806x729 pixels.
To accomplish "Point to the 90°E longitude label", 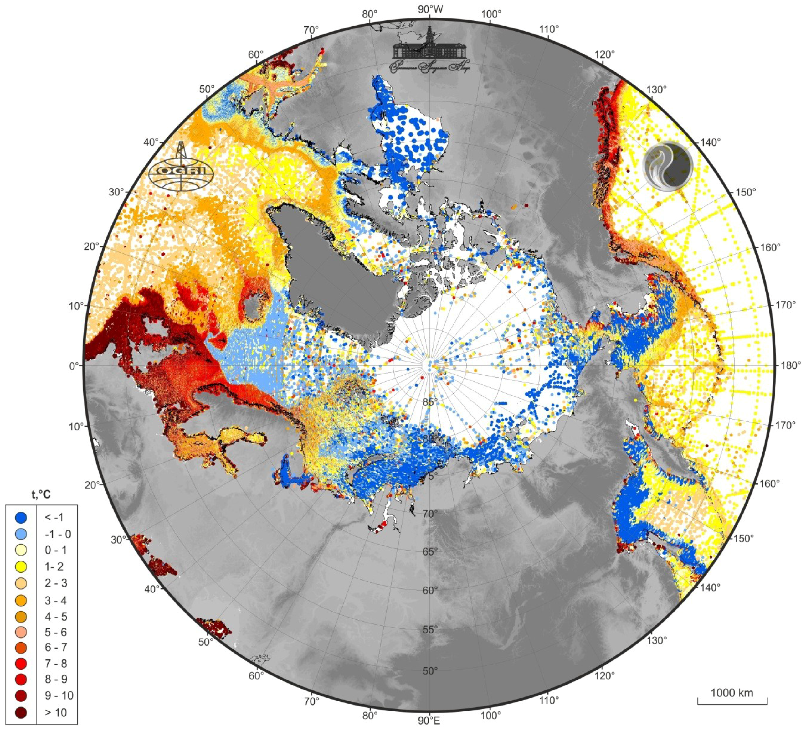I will (x=429, y=721).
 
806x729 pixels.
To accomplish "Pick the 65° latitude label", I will (x=430, y=551).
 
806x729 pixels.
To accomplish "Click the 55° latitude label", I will (x=430, y=629).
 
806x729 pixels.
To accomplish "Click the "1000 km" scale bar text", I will (x=732, y=692).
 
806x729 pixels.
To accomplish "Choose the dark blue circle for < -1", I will (x=21, y=517).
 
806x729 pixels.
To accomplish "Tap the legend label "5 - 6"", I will (x=56, y=632).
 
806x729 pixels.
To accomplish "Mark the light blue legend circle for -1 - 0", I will (x=21, y=534).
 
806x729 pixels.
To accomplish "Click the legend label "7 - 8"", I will (x=56, y=664).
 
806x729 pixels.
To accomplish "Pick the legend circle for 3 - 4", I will (x=21, y=600).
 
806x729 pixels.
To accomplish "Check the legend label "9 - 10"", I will (x=59, y=695).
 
